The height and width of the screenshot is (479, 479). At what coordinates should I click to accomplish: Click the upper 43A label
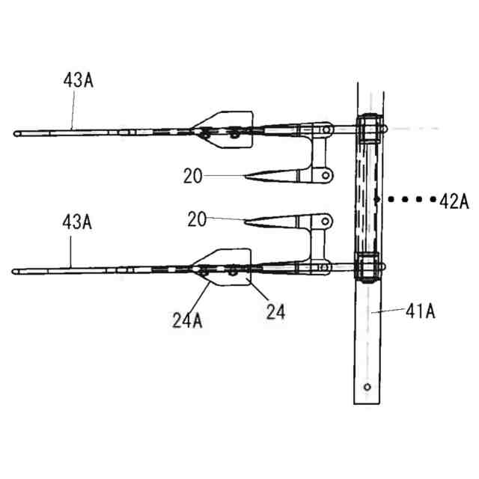[78, 80]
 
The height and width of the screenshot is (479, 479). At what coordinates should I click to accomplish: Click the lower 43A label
[77, 222]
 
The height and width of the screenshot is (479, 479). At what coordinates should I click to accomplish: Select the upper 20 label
[193, 176]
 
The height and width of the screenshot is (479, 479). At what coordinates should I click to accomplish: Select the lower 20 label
[197, 219]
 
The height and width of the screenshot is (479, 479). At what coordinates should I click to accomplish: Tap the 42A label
[454, 201]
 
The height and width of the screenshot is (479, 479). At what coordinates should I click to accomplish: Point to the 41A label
[421, 311]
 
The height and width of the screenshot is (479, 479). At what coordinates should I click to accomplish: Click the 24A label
[187, 320]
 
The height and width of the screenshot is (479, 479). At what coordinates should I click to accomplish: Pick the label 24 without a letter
[275, 311]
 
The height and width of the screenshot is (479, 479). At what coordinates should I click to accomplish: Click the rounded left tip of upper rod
[15, 133]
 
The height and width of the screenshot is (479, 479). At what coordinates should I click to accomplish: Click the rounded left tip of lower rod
[13, 272]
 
